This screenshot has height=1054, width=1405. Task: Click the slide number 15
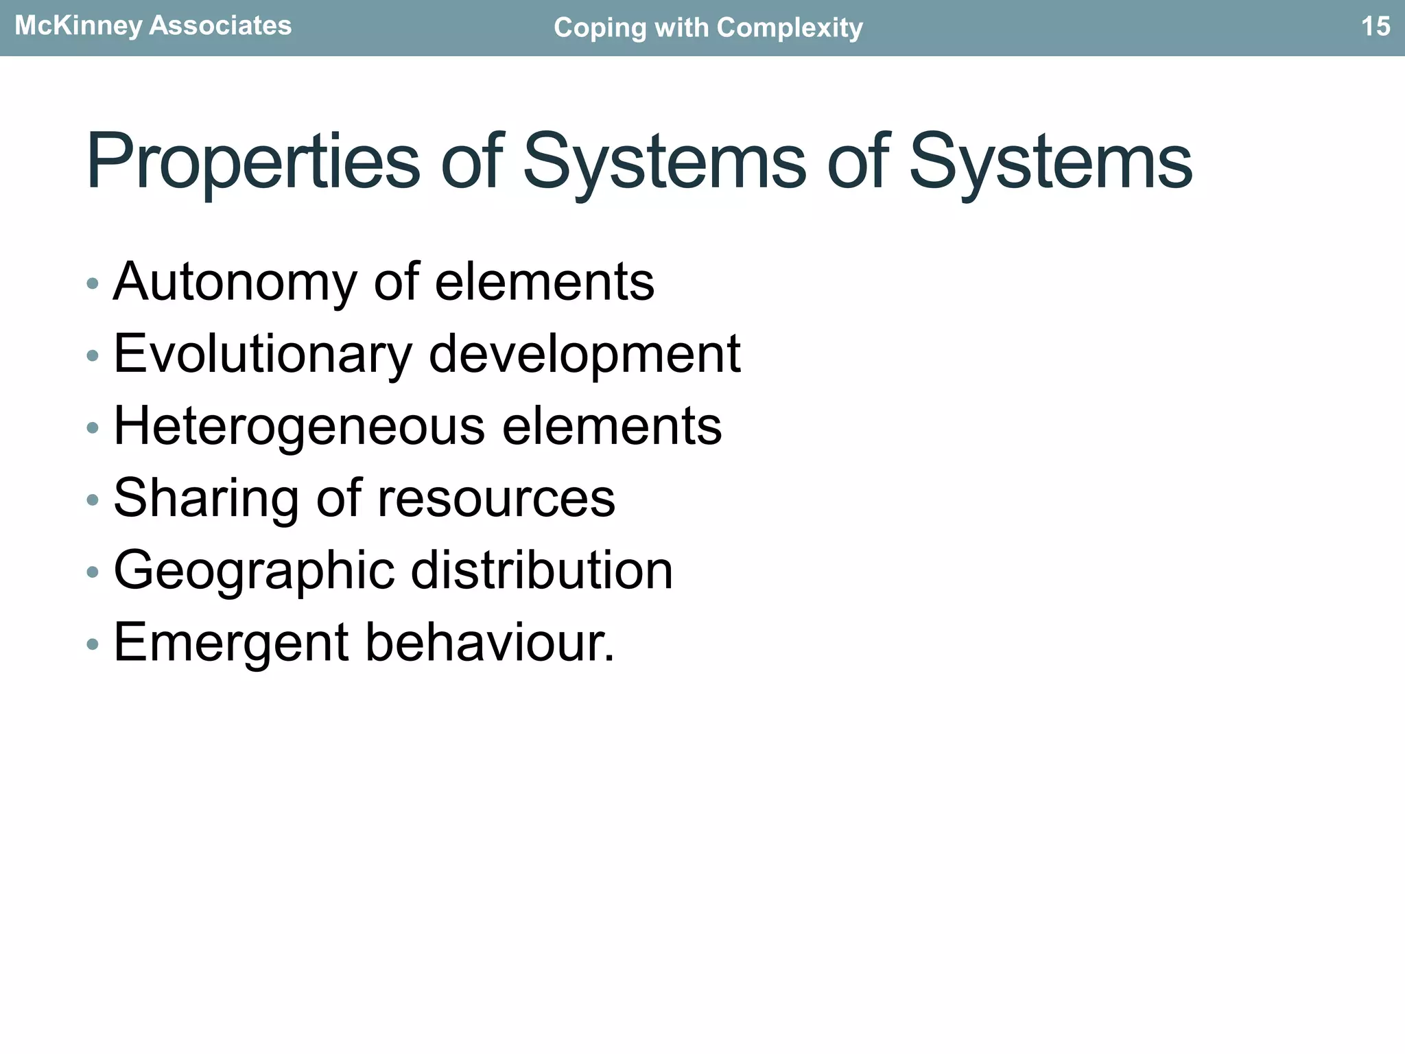pyautogui.click(x=1375, y=27)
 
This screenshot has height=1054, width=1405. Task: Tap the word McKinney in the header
pyautogui.click(x=78, y=26)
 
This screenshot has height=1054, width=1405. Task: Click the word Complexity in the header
pyautogui.click(x=790, y=28)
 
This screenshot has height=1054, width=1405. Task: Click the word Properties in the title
pyautogui.click(x=252, y=163)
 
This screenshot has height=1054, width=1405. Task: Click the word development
pyautogui.click(x=585, y=355)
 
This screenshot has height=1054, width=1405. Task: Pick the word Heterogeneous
pyautogui.click(x=299, y=427)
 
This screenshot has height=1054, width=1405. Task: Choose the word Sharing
pyautogui.click(x=206, y=499)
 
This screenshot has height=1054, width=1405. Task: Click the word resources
pyautogui.click(x=496, y=499)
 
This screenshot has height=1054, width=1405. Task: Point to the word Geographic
pyautogui.click(x=254, y=571)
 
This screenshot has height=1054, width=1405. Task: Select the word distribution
pyautogui.click(x=542, y=571)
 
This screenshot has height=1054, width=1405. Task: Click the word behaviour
pyautogui.click(x=489, y=643)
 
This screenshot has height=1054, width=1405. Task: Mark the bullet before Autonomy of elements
pyautogui.click(x=93, y=283)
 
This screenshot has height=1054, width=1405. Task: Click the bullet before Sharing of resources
pyautogui.click(x=93, y=500)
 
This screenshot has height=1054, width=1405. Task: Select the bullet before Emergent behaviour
pyautogui.click(x=93, y=644)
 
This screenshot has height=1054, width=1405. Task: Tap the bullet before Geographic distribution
pyautogui.click(x=93, y=572)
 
